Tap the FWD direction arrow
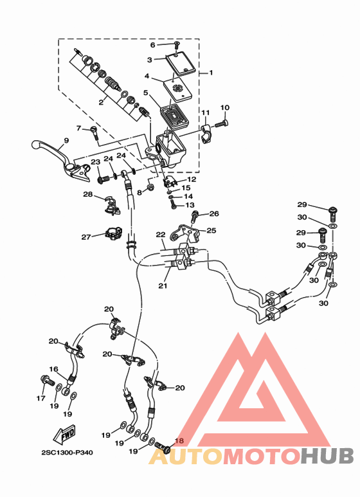pyautogui.click(x=64, y=433)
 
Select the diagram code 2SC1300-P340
pyautogui.click(x=67, y=453)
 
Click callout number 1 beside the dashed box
pyautogui.click(x=211, y=73)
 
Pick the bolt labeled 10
pyautogui.click(x=222, y=123)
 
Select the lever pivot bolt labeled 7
pyautogui.click(x=94, y=132)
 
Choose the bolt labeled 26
pyautogui.click(x=194, y=216)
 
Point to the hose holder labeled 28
pyautogui.click(x=112, y=206)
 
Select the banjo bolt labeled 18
pyautogui.click(x=163, y=447)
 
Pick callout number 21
pyautogui.click(x=163, y=285)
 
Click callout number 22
pyautogui.click(x=161, y=235)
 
